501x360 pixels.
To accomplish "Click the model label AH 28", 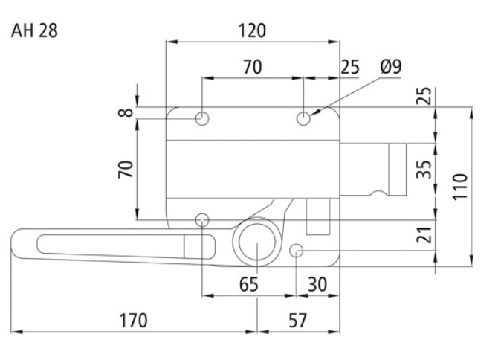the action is point(34,31).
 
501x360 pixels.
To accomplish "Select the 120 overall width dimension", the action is point(252,30).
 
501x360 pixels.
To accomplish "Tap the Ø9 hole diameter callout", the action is point(391,66).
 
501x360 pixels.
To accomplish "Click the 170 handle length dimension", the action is point(133,321).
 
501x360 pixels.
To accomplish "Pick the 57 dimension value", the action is point(298,321).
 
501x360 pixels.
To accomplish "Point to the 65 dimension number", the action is point(248,284).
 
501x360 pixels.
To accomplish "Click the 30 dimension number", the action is point(317,284).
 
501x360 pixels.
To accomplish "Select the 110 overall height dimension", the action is point(460,187).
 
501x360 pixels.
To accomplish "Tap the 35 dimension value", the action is point(424,169).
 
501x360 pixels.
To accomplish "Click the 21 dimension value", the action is point(424,235).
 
